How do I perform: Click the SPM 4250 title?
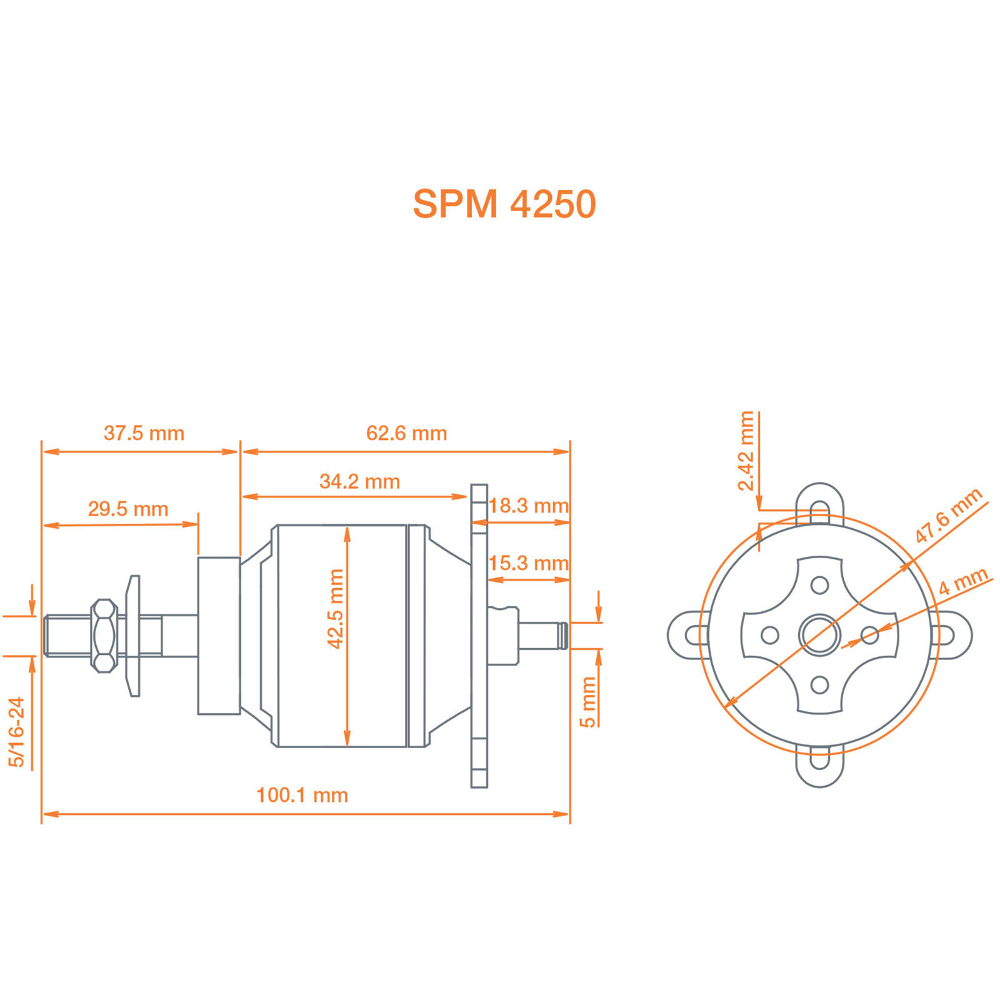pos(504,204)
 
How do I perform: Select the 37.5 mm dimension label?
pos(144,433)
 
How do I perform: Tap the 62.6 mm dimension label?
pos(406,433)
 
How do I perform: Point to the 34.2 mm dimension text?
pos(359,481)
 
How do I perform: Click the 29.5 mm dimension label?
pos(128,509)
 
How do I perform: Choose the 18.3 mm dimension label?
pos(529,506)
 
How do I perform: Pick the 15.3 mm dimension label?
pos(529,563)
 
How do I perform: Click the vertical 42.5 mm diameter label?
pos(336,609)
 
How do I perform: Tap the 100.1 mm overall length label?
pos(302,795)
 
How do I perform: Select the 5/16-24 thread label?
pos(16,732)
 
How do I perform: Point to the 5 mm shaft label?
pos(588,702)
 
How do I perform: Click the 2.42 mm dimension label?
pos(746,451)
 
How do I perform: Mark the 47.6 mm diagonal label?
pos(948,516)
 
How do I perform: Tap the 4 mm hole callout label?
pos(963,581)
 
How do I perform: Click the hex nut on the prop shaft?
pos(104,636)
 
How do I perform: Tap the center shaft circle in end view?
pos(819,635)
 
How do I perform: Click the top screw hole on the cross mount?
pos(819,585)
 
